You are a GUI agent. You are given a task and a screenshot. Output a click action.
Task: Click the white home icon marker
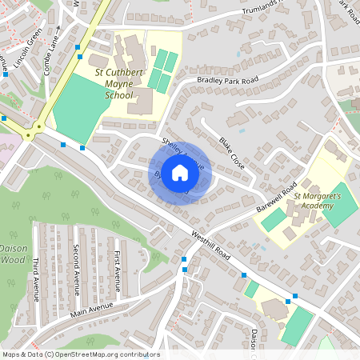180,173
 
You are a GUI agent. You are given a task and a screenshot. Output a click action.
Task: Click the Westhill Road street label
211,246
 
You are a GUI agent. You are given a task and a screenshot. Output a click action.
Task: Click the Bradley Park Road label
228,81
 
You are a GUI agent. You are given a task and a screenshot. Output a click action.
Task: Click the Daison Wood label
13,254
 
